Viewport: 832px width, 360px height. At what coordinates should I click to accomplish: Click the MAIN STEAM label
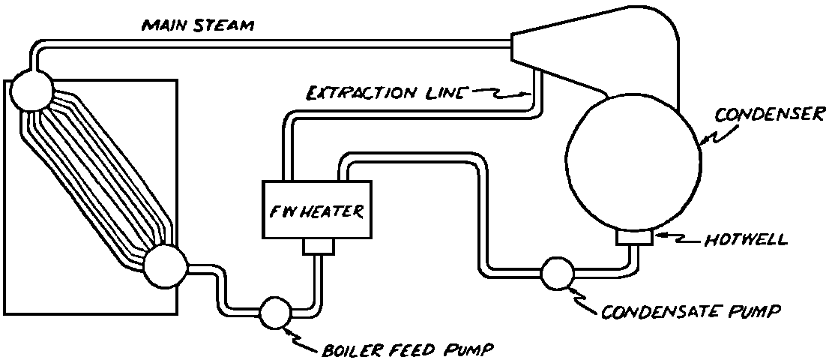[x=198, y=26]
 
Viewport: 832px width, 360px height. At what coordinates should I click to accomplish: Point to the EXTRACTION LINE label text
[x=388, y=94]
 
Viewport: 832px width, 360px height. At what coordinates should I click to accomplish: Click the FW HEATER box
[x=316, y=211]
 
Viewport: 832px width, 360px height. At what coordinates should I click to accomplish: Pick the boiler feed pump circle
[x=275, y=314]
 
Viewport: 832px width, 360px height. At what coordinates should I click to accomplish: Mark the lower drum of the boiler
[x=164, y=268]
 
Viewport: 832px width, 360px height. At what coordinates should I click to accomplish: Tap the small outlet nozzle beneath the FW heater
[x=317, y=247]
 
